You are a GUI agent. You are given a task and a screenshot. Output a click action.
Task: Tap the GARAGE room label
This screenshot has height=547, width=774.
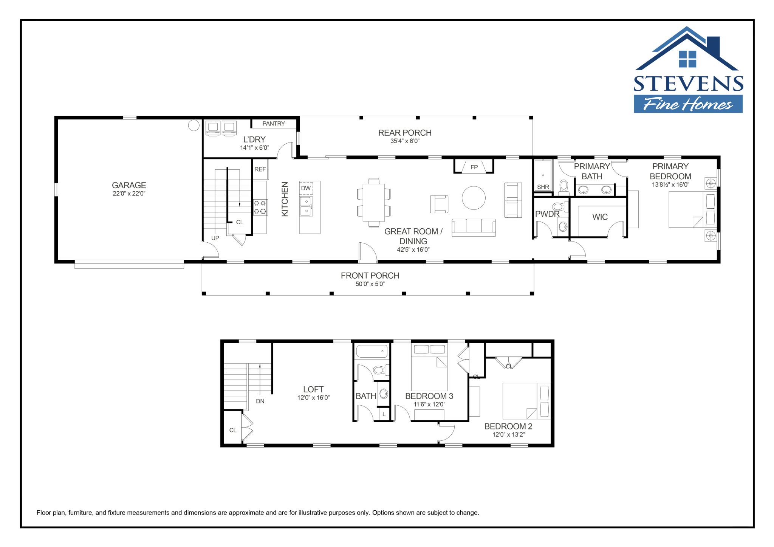(129, 185)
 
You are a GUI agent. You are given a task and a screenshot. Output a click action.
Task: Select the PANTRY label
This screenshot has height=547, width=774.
(274, 124)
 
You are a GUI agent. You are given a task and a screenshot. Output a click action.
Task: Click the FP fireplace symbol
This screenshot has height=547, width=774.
(474, 167)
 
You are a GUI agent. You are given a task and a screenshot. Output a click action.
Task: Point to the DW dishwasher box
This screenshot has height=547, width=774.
(306, 188)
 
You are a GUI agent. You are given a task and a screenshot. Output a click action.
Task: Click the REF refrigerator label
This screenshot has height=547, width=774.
(260, 169)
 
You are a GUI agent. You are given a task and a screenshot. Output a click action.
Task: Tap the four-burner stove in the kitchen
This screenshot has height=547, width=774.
(260, 207)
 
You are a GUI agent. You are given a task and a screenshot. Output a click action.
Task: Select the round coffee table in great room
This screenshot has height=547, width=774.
(474, 198)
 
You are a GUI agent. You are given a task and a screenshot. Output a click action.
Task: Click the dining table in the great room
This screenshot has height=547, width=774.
(374, 202)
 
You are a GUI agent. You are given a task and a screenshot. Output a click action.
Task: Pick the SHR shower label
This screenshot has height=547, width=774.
(543, 187)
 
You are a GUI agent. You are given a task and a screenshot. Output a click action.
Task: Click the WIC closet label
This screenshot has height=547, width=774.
(600, 217)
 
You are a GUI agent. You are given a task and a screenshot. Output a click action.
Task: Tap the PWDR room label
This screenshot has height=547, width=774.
(547, 214)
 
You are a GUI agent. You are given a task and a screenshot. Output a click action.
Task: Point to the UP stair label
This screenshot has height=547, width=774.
(215, 238)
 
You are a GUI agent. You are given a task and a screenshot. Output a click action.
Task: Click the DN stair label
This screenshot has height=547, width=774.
(260, 401)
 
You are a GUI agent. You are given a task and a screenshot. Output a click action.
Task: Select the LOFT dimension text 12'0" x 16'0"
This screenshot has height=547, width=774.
(313, 398)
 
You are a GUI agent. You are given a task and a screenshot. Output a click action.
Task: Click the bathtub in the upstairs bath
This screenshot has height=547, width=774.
(372, 351)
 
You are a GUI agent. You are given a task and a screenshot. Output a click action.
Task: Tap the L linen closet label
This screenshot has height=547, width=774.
(384, 414)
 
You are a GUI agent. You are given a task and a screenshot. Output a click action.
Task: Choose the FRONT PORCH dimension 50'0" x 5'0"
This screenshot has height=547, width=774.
(370, 284)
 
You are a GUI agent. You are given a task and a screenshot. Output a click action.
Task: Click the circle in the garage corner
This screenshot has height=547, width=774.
(193, 125)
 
